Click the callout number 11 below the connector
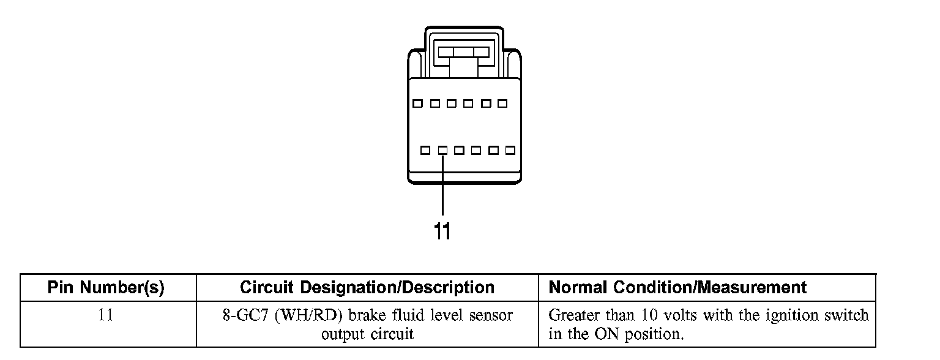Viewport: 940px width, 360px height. [442, 231]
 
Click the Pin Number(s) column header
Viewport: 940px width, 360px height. [106, 287]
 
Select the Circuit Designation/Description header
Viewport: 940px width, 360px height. [367, 287]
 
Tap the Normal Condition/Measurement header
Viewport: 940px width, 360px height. [678, 287]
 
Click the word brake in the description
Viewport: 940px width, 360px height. [366, 316]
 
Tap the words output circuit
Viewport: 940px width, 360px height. [367, 334]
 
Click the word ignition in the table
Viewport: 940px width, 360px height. [786, 316]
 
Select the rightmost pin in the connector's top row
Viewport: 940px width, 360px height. [502, 103]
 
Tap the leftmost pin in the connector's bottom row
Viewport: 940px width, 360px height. [425, 150]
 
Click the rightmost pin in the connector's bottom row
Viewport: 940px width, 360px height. [510, 150]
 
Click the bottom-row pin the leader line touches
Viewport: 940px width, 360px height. [442, 150]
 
